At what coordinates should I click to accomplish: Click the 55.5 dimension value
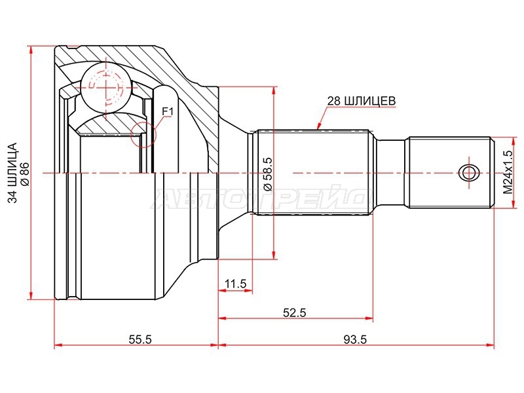(140, 340)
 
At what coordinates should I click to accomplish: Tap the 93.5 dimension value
(355, 340)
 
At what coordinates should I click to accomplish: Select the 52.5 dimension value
(294, 313)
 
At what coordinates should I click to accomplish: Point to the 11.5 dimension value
(235, 284)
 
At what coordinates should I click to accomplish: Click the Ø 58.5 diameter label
(269, 174)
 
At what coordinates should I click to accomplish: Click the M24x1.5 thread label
(508, 172)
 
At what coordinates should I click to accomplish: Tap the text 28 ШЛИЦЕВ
(361, 101)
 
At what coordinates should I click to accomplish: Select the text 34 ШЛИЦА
(12, 173)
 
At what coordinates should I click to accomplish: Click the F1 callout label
(168, 111)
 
